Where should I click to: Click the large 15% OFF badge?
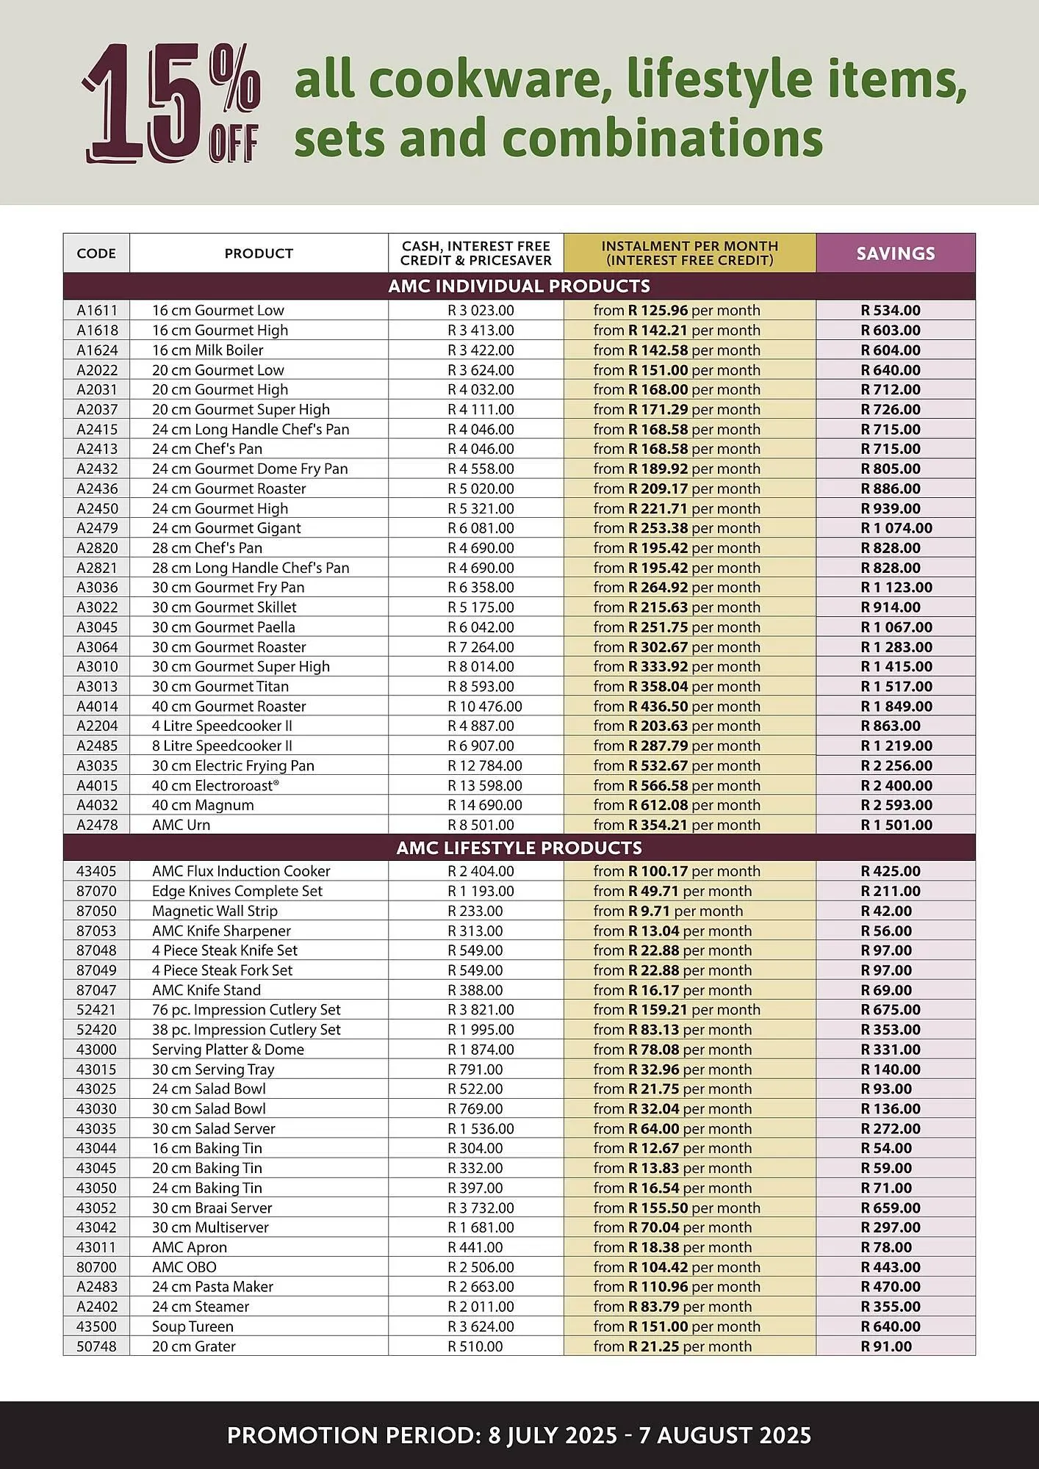[x=171, y=103]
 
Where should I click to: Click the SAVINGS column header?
[x=895, y=253]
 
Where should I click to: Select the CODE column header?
[x=96, y=253]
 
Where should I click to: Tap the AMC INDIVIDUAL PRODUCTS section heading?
[x=519, y=286]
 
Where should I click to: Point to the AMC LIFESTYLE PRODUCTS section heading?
[x=519, y=848]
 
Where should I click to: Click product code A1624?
[x=97, y=350]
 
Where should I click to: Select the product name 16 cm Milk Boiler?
[x=207, y=350]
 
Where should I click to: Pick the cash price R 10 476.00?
[x=485, y=707]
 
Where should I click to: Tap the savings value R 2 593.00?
[x=896, y=805]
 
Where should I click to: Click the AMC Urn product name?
[x=181, y=825]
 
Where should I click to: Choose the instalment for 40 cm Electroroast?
[x=677, y=785]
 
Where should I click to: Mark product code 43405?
[x=96, y=871]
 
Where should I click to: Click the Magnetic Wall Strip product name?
[x=215, y=911]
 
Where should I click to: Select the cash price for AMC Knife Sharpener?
[x=475, y=931]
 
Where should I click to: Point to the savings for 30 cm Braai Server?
[x=891, y=1208]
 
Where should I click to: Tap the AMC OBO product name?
[x=184, y=1267]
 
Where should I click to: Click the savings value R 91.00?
[x=886, y=1346]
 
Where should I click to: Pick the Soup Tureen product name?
[x=193, y=1327]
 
